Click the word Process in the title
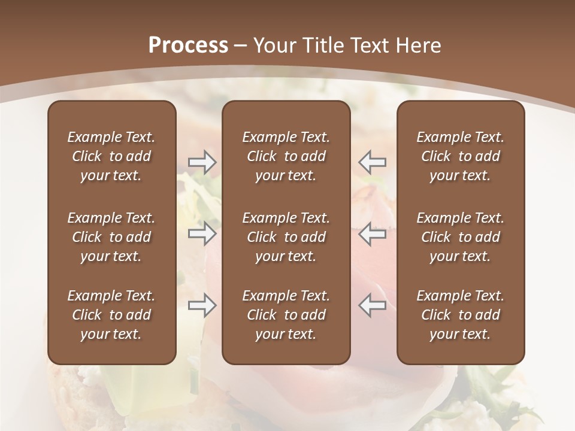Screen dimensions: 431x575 coord(188,45)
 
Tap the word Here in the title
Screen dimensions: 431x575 coord(417,45)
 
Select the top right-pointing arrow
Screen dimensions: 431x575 coord(202,162)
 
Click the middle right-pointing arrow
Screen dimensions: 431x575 coord(202,233)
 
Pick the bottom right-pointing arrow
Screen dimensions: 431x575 coord(202,305)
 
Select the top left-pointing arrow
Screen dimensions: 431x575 coord(373,162)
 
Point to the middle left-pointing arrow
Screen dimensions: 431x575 coord(373,233)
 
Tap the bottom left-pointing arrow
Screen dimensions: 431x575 coord(373,305)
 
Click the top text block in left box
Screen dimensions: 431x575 coord(111,156)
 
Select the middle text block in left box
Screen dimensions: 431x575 coord(111,237)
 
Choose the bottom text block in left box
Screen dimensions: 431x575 coord(111,315)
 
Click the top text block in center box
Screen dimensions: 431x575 coord(286,156)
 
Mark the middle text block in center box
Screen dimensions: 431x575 coord(286,237)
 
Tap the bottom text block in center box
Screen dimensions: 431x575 coord(286,315)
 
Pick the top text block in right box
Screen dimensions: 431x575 coord(460,156)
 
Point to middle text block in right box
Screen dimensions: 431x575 coord(460,237)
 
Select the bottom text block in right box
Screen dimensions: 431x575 coord(460,315)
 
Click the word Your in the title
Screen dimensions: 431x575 coord(274,45)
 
